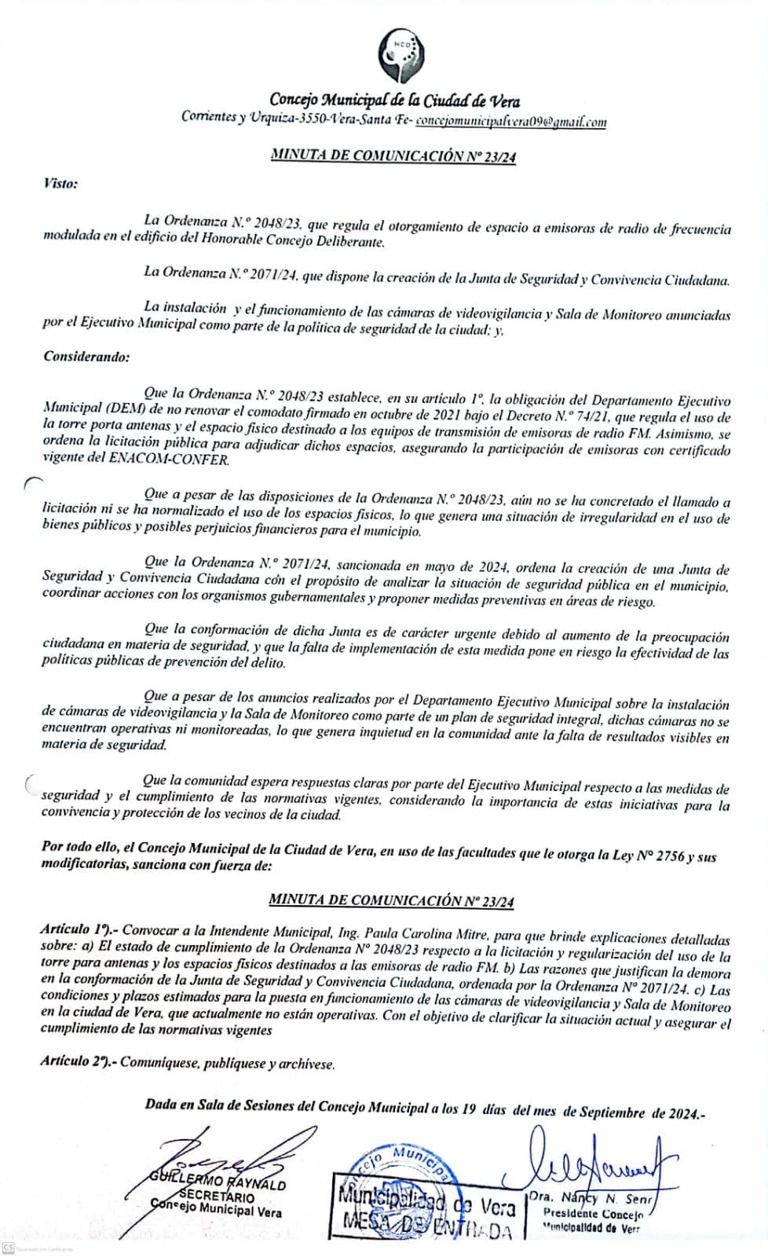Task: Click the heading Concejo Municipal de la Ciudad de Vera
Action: tap(394, 100)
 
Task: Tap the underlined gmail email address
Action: tap(510, 121)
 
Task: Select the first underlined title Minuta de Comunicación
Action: tap(393, 156)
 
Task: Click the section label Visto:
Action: tap(60, 184)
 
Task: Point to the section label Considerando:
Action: tap(86, 357)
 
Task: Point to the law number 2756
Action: tap(670, 856)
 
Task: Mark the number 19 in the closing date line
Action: tap(468, 1109)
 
